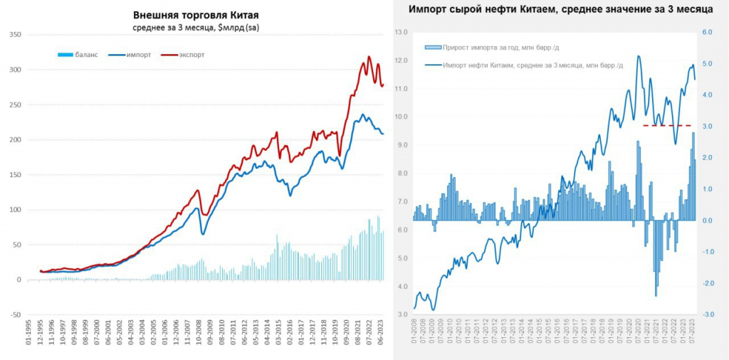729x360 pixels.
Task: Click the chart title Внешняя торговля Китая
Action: tap(195, 15)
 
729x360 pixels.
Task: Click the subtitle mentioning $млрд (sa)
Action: tap(195, 27)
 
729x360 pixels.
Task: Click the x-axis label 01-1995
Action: tap(28, 338)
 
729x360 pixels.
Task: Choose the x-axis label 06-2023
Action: tap(382, 338)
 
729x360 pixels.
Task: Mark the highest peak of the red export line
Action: tap(369, 57)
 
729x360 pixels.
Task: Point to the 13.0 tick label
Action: tap(399, 32)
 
